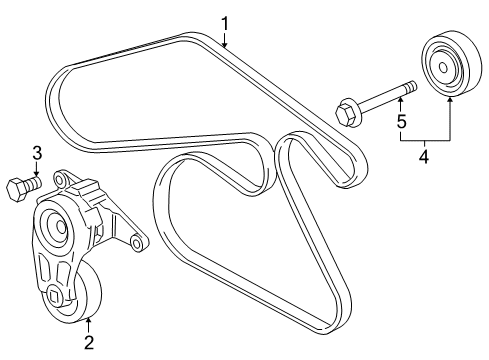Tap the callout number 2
tap(88, 344)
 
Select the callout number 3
tap(37, 153)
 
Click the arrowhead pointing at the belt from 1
tap(225, 45)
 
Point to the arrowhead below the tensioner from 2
tap(88, 319)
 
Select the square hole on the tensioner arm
tap(52, 295)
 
